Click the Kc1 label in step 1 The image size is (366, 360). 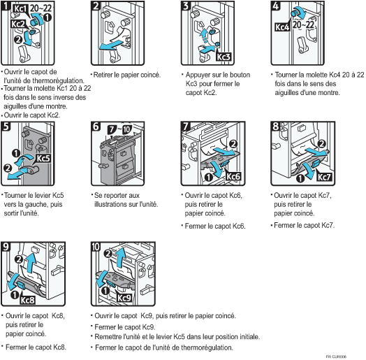[x=20, y=8]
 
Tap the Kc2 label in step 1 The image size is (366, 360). [x=17, y=24]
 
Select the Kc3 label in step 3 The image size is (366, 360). [x=224, y=57]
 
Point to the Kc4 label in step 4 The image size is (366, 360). [x=282, y=27]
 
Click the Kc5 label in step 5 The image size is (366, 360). [x=43, y=159]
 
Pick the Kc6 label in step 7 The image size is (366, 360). [x=233, y=176]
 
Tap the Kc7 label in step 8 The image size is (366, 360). [x=324, y=177]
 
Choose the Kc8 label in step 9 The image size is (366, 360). [x=27, y=300]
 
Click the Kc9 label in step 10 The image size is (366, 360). [x=124, y=298]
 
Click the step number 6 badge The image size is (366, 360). [x=96, y=127]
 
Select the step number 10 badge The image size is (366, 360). [x=96, y=247]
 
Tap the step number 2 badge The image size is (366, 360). [x=96, y=6]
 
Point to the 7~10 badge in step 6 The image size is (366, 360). [x=119, y=129]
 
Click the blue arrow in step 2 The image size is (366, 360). [x=111, y=45]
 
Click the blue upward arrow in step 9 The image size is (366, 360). [x=31, y=261]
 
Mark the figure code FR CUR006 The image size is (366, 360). [x=336, y=357]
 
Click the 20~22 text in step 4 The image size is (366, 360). [x=303, y=24]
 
